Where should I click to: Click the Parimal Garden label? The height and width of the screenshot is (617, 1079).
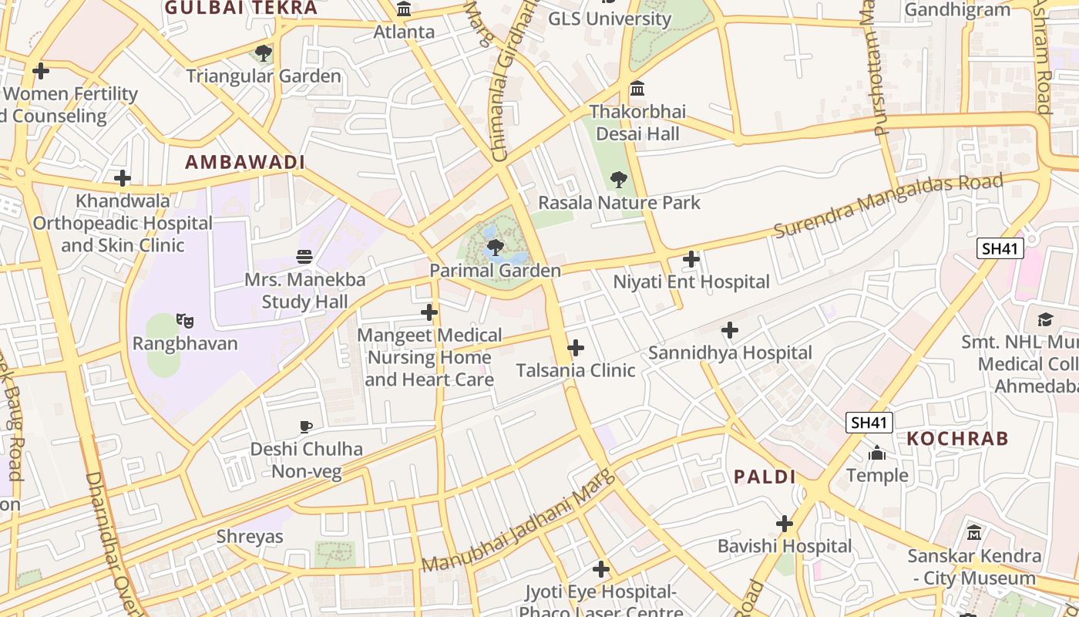495,271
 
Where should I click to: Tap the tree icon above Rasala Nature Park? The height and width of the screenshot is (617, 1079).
618,180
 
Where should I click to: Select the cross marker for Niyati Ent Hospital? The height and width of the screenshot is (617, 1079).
691,259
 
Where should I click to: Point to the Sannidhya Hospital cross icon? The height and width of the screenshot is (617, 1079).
729,331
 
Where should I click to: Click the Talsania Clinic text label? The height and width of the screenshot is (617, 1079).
576,370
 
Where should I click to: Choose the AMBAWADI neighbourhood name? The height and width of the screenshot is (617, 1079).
245,162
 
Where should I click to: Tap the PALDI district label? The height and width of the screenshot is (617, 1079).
765,477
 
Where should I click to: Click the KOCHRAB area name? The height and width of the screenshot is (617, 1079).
957,439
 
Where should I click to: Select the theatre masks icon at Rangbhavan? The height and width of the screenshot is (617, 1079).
184,319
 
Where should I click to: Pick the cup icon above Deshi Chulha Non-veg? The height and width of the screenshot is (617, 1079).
306,427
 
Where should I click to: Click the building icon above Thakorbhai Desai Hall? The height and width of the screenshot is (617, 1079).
637,89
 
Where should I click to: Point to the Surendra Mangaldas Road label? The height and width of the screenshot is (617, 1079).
889,204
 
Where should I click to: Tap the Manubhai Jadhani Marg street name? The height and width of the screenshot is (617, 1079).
519,521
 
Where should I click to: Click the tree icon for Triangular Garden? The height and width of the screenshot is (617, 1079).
264,53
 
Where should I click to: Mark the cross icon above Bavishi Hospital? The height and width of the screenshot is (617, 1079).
785,524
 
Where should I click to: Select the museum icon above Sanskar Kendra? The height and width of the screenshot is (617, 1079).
974,532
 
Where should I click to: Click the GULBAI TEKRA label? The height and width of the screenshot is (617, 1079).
240,8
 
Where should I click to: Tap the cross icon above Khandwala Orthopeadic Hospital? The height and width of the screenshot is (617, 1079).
123,178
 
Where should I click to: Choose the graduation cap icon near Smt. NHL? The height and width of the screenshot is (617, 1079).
1045,319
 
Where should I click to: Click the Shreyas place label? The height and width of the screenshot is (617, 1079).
250,537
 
